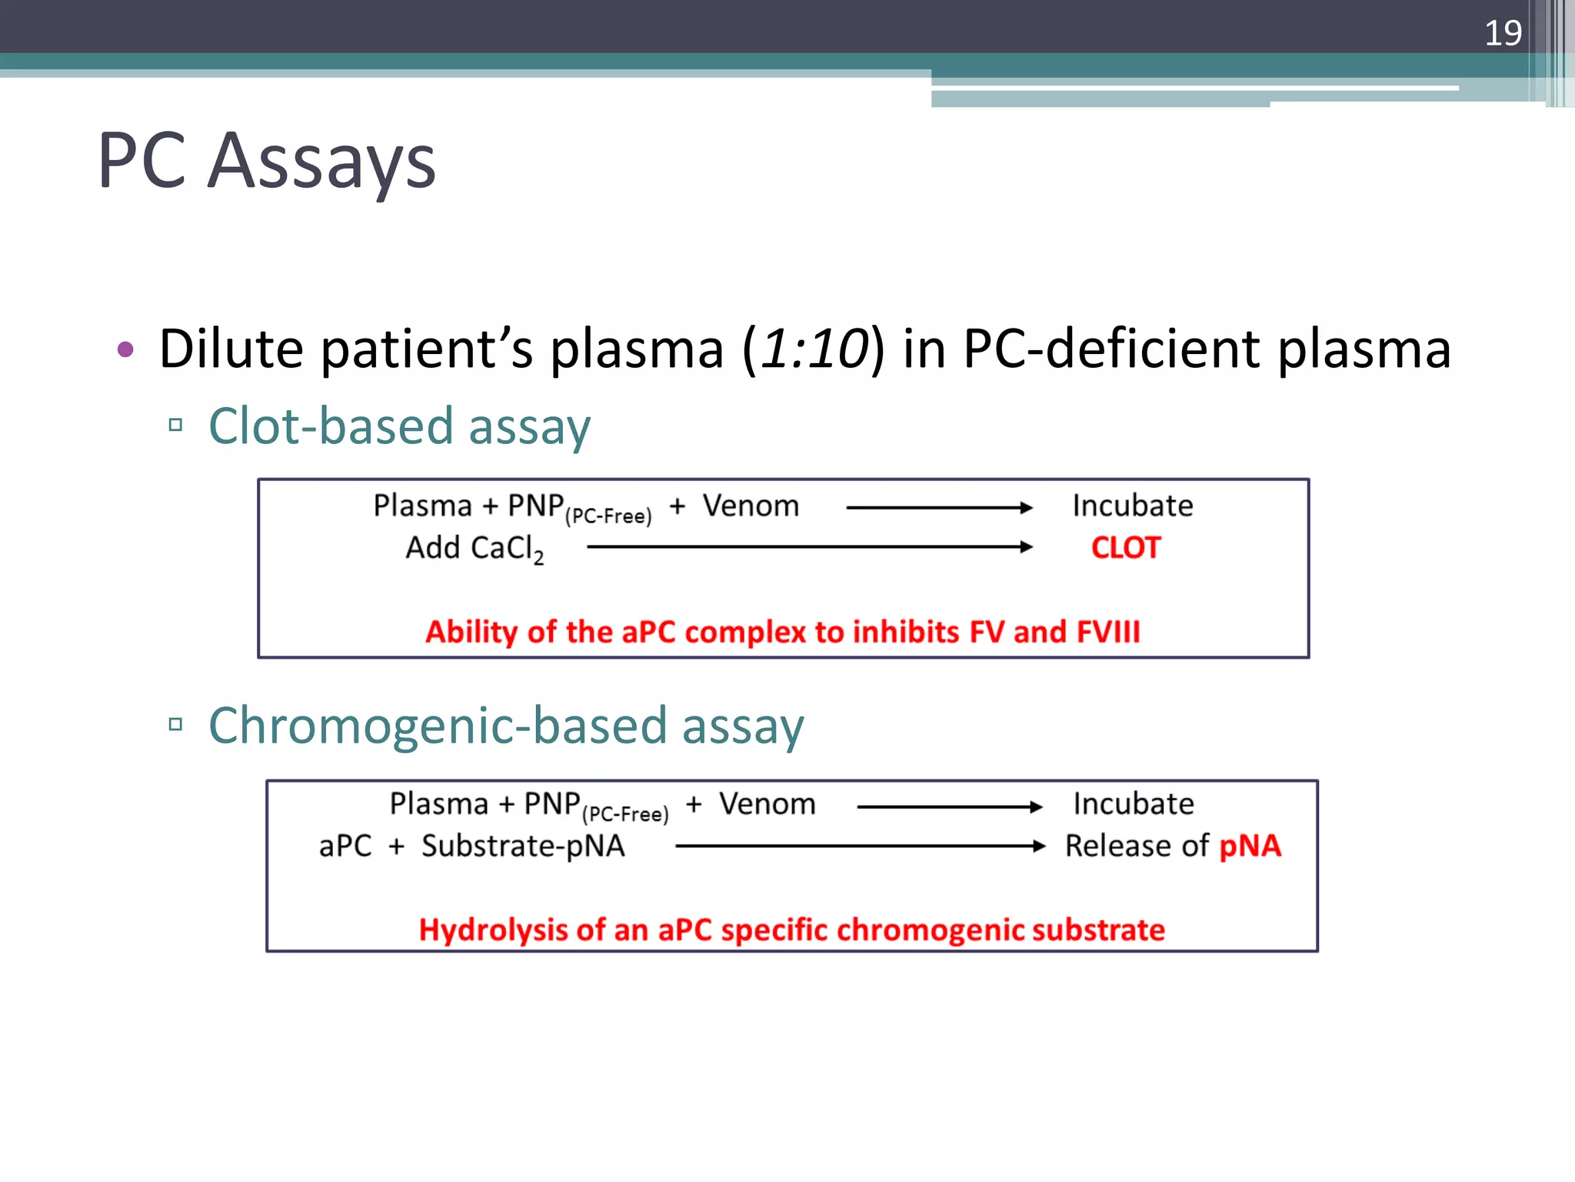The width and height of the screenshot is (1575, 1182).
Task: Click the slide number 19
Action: [x=1502, y=33]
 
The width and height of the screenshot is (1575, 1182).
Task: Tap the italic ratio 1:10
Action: [x=814, y=349]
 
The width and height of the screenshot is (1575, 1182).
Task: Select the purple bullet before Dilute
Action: [x=125, y=350]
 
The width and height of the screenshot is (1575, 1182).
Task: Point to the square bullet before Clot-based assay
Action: [x=175, y=425]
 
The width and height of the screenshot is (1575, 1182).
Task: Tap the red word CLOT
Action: [x=1125, y=548]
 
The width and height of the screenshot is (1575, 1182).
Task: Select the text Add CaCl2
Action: [x=474, y=549]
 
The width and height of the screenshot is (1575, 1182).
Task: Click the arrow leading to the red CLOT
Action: [x=807, y=547]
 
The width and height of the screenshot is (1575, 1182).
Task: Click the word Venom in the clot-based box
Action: [x=751, y=506]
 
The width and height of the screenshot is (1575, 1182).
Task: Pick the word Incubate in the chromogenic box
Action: [x=1134, y=804]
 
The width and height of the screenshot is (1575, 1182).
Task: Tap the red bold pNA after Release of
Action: [x=1250, y=846]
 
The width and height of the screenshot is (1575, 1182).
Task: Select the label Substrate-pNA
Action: [x=523, y=846]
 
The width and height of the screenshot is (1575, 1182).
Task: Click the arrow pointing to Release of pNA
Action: [x=860, y=846]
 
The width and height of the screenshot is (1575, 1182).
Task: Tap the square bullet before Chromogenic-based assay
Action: [x=175, y=724]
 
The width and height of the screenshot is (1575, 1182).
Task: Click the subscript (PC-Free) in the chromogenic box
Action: [x=625, y=814]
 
